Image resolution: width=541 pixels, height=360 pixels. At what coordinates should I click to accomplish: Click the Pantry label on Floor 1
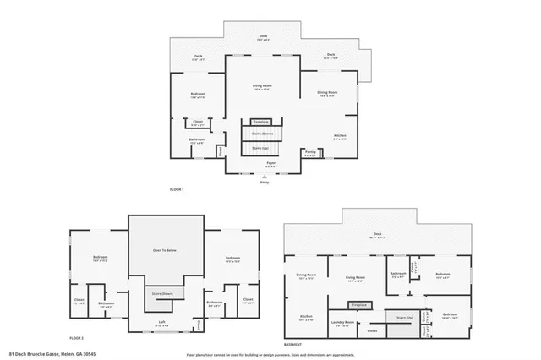point(310,153)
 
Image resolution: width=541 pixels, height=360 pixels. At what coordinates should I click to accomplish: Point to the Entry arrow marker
point(265,177)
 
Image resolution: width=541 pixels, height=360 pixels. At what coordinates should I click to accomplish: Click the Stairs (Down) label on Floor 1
point(265,134)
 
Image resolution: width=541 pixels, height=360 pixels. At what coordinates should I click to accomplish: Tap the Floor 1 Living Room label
point(262,86)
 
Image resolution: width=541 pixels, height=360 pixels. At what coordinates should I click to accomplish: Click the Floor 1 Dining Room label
point(327,92)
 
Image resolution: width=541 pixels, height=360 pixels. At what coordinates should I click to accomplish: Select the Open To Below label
point(165,251)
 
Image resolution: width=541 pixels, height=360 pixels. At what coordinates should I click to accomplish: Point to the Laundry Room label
point(342,322)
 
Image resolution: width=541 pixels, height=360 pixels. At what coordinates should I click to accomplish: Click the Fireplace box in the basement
point(359,303)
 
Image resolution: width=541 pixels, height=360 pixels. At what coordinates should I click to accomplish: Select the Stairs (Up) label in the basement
point(405,318)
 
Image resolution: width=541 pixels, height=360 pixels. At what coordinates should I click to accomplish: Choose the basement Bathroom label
point(397,274)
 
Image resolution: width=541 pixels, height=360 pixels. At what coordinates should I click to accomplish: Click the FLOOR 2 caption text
point(77,337)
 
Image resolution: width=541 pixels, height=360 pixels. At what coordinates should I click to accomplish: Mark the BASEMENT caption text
point(292,344)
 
